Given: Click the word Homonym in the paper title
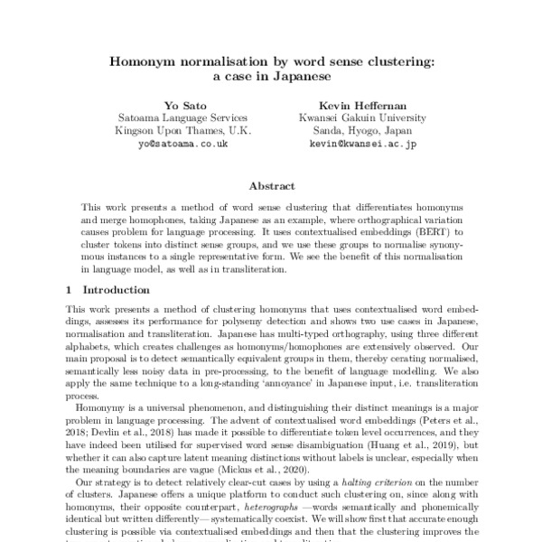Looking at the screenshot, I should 141,62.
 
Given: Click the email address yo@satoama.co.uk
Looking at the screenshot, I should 182,144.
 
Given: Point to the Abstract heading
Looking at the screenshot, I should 271,185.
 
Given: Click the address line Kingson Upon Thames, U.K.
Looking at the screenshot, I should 182,131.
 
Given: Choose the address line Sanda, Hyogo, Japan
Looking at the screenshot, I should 350,131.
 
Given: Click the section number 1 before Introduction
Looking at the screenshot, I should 70,290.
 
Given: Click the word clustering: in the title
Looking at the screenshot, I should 398,62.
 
